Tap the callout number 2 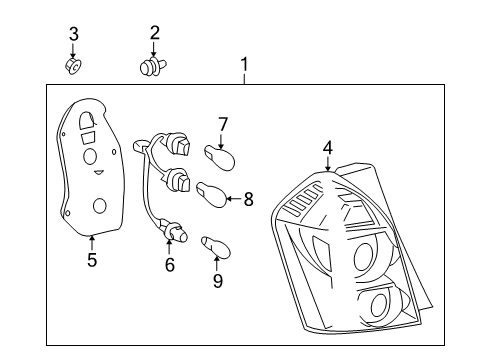pyautogui.click(x=154, y=34)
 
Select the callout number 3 pyautogui.click(x=73, y=35)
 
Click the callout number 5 pyautogui.click(x=91, y=261)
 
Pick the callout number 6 pyautogui.click(x=169, y=265)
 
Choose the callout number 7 pyautogui.click(x=223, y=125)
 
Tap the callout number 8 pyautogui.click(x=249, y=198)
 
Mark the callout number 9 pyautogui.click(x=216, y=281)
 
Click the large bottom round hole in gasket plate pyautogui.click(x=99, y=207)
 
